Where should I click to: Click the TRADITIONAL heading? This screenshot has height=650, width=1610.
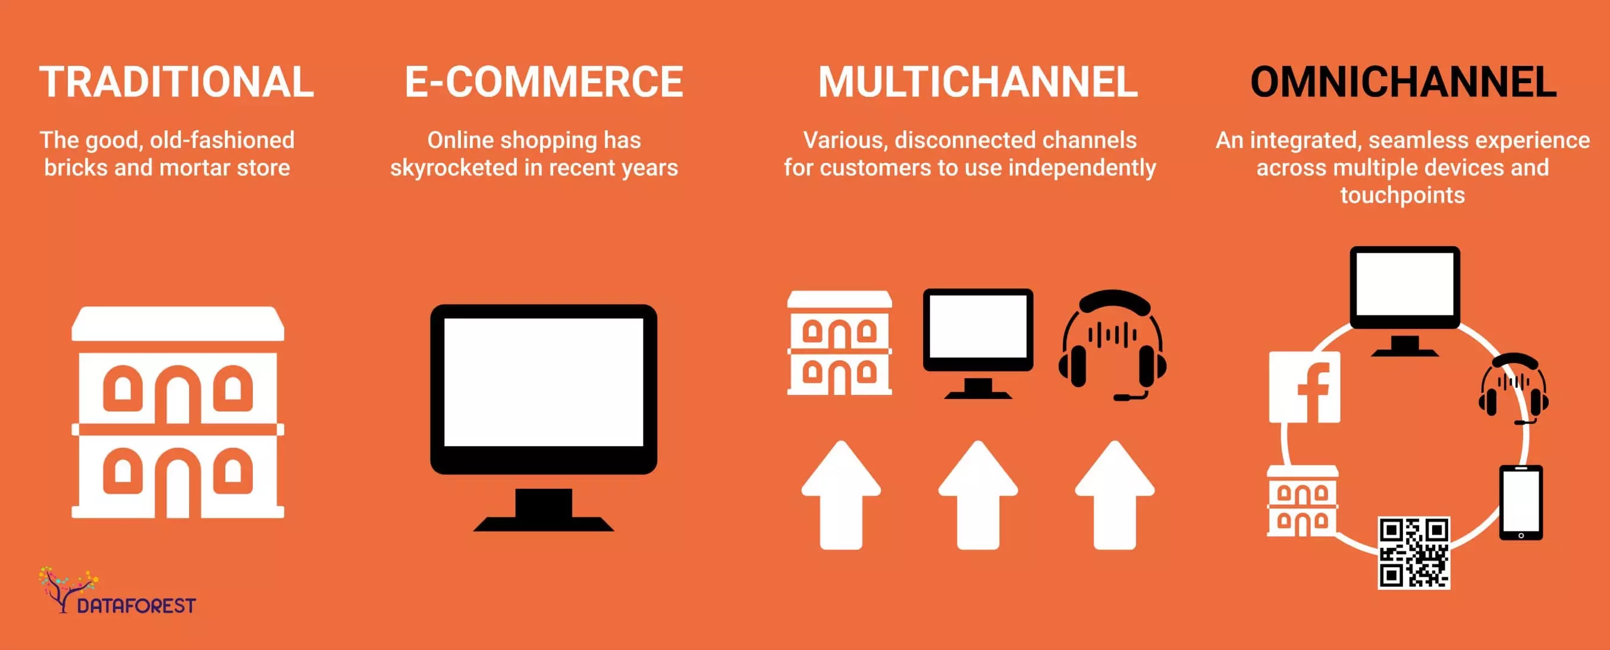click(176, 83)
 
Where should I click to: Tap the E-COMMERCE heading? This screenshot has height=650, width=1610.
click(544, 83)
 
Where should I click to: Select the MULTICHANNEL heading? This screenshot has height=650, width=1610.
click(978, 83)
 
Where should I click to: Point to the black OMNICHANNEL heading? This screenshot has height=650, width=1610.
click(1402, 83)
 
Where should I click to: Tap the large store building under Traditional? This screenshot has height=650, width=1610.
click(178, 413)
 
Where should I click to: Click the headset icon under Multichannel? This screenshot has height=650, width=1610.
click(1113, 344)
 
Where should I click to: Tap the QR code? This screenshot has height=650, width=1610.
click(1414, 552)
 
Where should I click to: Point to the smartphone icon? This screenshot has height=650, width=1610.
click(1521, 502)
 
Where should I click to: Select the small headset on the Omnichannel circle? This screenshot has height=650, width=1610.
click(1513, 388)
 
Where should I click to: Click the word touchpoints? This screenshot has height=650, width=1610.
click(1402, 196)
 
